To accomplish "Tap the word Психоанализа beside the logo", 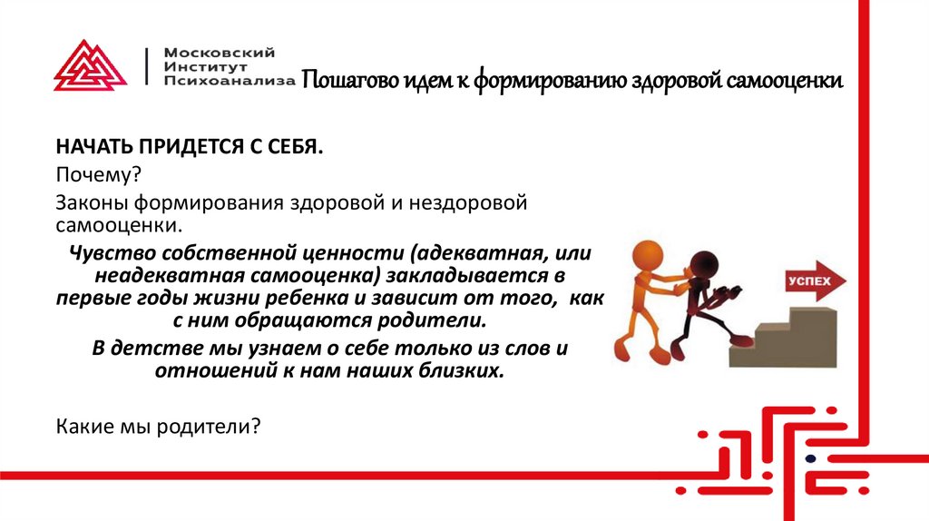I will coord(230,80).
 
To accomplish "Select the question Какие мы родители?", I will coord(159,424).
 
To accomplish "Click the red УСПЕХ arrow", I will coord(810,281).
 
